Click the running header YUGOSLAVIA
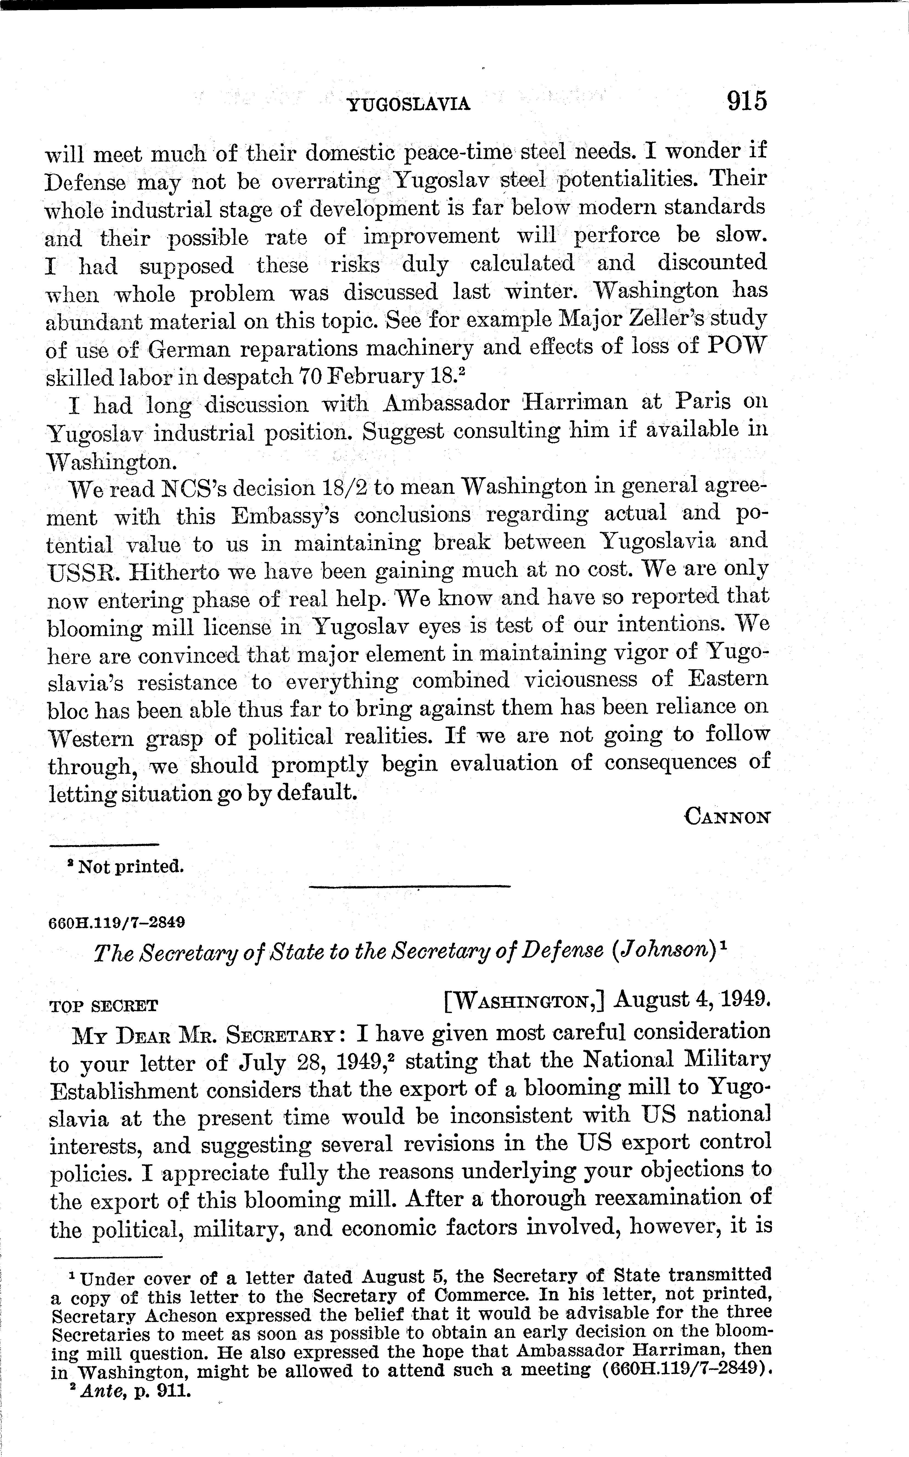pos(409,105)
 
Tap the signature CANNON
pos(727,817)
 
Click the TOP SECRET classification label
pos(103,1006)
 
